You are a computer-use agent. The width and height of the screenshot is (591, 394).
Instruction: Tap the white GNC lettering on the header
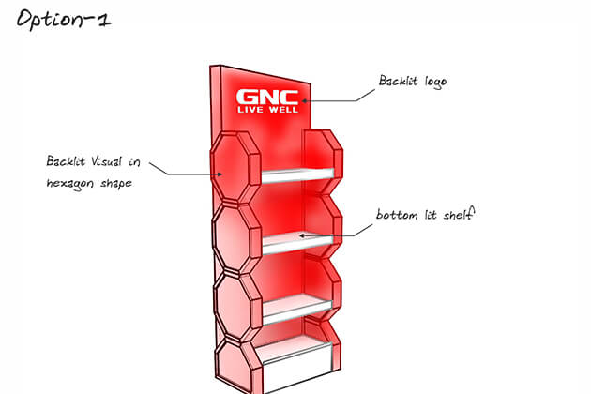268,97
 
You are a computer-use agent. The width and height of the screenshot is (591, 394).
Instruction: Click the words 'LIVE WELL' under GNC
268,110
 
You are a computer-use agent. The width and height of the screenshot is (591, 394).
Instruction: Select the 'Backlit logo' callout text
412,82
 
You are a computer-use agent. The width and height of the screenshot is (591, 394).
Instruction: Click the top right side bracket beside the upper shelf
324,156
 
